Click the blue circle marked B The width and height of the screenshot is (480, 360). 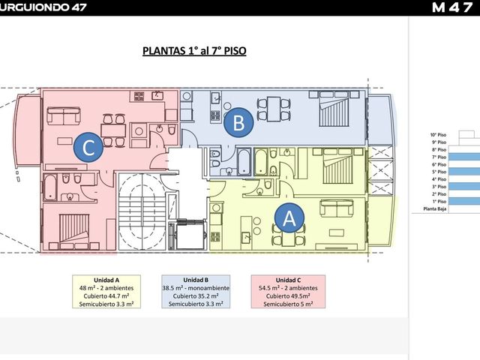pyautogui.click(x=238, y=123)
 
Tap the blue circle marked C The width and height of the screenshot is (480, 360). pyautogui.click(x=88, y=148)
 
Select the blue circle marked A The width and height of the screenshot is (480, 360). pyautogui.click(x=289, y=218)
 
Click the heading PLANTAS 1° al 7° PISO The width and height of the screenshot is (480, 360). pyautogui.click(x=194, y=51)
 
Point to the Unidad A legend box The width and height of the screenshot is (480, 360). pyautogui.click(x=106, y=292)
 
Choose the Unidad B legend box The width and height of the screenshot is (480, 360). pyautogui.click(x=196, y=292)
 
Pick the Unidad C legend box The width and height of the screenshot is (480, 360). pyautogui.click(x=288, y=292)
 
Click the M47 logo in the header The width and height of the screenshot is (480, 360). pyautogui.click(x=452, y=7)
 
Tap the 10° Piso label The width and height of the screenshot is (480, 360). pyautogui.click(x=438, y=135)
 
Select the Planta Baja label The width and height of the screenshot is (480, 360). pyautogui.click(x=435, y=209)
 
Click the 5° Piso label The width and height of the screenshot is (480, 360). pyautogui.click(x=439, y=172)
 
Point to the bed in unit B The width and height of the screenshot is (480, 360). pyautogui.click(x=334, y=109)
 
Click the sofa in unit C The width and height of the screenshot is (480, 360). pyautogui.click(x=64, y=115)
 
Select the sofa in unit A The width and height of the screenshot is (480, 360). pyautogui.click(x=337, y=208)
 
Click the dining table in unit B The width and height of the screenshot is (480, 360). pyautogui.click(x=273, y=109)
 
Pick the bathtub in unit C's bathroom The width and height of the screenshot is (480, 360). pyautogui.click(x=50, y=187)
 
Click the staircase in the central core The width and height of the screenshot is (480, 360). pyautogui.click(x=142, y=211)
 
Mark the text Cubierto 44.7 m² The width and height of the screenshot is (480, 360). pyautogui.click(x=106, y=296)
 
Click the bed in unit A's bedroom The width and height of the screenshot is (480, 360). pyautogui.click(x=335, y=166)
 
